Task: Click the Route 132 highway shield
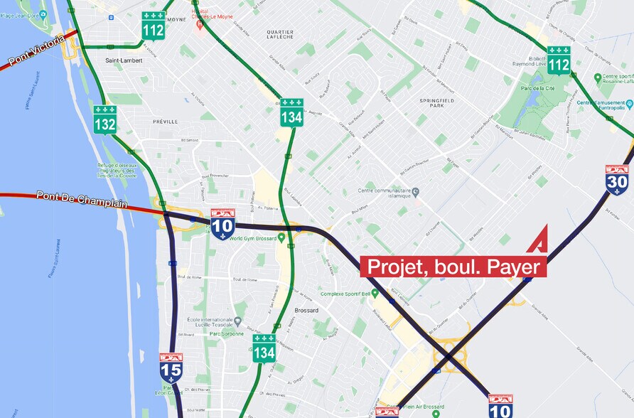tap(105, 119)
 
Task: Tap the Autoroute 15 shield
tap(171, 367)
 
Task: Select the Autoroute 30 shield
tap(617, 180)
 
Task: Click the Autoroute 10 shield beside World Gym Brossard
tap(222, 224)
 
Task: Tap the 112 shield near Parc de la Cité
tap(559, 60)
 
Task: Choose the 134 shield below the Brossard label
tap(264, 348)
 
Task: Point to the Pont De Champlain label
tap(81, 199)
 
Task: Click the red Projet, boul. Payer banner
tap(453, 267)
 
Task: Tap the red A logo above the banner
tap(537, 239)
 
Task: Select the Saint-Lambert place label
tap(124, 61)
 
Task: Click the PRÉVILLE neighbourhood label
tap(165, 122)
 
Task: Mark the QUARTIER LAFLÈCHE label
tap(279, 36)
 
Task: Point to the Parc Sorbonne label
tap(227, 333)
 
